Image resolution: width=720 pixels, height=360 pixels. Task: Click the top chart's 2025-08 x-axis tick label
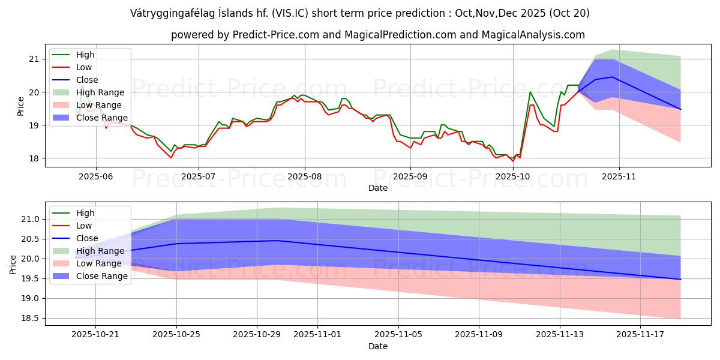click(x=304, y=176)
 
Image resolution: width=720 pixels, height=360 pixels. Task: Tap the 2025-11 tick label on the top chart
click(x=619, y=176)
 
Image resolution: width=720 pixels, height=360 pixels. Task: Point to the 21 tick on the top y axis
click(x=33, y=59)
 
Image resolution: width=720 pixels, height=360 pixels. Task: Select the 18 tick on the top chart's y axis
click(x=33, y=158)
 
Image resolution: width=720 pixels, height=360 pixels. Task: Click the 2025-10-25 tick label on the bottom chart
click(x=176, y=335)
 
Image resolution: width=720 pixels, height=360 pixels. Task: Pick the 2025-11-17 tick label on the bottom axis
click(x=641, y=335)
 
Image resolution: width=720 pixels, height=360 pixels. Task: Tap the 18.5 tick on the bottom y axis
click(x=30, y=319)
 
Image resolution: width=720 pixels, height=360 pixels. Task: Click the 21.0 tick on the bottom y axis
click(x=30, y=220)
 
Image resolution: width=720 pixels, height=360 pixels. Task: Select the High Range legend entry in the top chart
click(x=100, y=92)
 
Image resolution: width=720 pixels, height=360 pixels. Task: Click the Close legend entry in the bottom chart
click(x=87, y=238)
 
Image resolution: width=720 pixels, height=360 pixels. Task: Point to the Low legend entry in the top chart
click(x=84, y=67)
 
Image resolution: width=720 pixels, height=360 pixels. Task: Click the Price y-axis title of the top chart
click(x=21, y=106)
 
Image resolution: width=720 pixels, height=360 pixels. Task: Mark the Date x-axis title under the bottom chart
click(x=378, y=346)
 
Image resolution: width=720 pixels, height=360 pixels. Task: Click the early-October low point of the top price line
click(x=512, y=161)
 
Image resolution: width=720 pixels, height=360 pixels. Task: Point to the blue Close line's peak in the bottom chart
click(x=277, y=241)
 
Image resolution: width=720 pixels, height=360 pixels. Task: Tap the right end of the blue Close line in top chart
click(x=680, y=109)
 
